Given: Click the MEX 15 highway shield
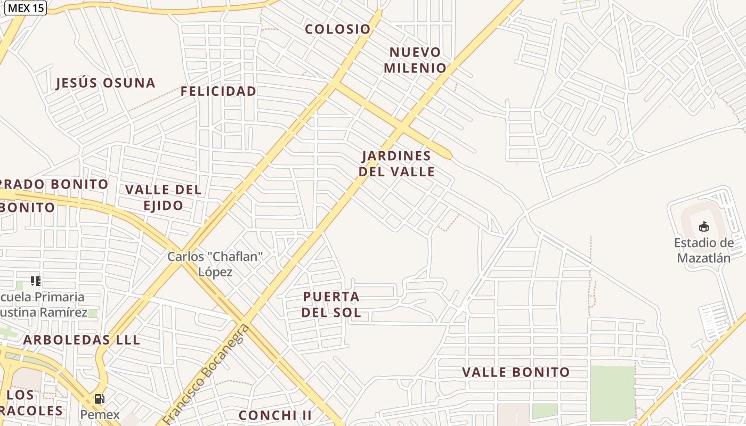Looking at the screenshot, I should [x=26, y=8].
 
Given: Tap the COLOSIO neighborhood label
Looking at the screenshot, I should [x=337, y=29].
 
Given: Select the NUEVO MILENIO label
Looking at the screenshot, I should [x=415, y=60].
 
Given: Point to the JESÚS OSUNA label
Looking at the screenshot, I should [x=106, y=83].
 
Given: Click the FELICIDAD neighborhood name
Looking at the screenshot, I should [x=218, y=92].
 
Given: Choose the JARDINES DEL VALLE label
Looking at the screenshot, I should [x=396, y=163].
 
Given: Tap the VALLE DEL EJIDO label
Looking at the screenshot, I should [x=163, y=197].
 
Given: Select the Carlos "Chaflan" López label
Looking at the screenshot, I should [x=215, y=264].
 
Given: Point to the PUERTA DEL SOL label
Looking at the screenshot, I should [x=331, y=304].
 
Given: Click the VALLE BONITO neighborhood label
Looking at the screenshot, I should [x=516, y=372].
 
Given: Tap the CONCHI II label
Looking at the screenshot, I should [x=275, y=415].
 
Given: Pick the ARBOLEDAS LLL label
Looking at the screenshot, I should [x=82, y=340].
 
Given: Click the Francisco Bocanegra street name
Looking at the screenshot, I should [x=205, y=374].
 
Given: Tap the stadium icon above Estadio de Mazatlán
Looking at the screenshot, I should [x=704, y=227].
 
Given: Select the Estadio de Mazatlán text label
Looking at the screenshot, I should [x=704, y=250].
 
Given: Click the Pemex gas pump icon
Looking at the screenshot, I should [x=99, y=398].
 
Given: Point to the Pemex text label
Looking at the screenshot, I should [x=100, y=414].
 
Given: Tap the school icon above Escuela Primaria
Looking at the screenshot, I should [x=35, y=281].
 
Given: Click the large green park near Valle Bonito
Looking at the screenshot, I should [x=612, y=391].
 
